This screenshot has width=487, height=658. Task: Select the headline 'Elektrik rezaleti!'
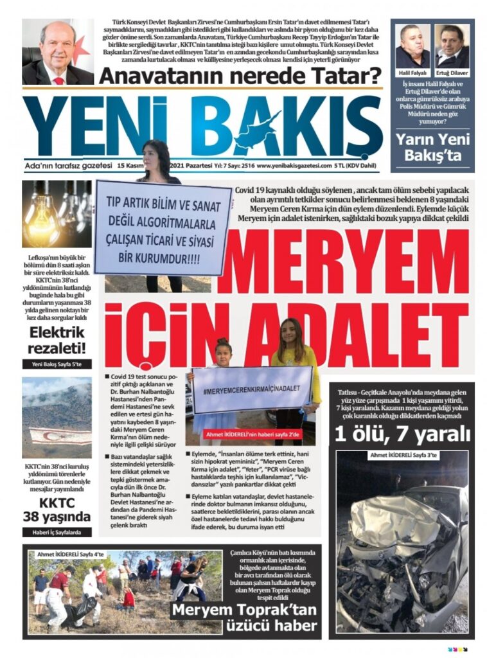point(57,340)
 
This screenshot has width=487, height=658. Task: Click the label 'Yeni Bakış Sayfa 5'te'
point(57,364)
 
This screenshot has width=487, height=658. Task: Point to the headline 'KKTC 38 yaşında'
point(57,510)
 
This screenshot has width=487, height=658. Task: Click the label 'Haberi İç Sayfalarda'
point(57,532)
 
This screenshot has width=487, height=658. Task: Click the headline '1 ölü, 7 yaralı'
point(402,435)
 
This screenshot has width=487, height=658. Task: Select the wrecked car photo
point(402,546)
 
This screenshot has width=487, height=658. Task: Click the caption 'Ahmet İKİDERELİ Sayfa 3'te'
point(402,456)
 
